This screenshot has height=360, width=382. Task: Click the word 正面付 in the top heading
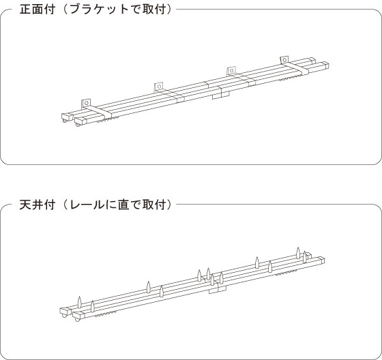(x=37, y=10)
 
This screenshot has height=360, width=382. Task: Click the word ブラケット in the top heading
(x=99, y=10)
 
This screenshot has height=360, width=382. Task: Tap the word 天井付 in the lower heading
(x=37, y=205)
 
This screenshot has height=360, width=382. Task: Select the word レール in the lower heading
(x=86, y=205)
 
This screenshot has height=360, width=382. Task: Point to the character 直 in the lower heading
(x=123, y=205)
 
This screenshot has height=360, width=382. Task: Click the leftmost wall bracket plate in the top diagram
(x=86, y=103)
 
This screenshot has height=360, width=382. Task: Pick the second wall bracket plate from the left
(x=158, y=86)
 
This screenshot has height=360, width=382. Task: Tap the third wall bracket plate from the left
(x=231, y=70)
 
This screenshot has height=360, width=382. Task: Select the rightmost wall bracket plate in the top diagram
(x=284, y=60)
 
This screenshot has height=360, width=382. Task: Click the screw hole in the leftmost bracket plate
(x=86, y=103)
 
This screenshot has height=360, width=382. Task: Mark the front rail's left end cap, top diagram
(x=80, y=120)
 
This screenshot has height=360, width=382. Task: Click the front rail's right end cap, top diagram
(x=326, y=65)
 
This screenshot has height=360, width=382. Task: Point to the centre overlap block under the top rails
(x=221, y=95)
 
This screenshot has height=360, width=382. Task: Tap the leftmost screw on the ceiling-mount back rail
(x=79, y=302)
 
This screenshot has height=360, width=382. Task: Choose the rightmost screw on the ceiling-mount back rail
(x=298, y=252)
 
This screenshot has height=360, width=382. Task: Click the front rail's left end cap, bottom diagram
(x=78, y=314)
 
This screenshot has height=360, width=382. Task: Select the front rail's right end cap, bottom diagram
(x=321, y=260)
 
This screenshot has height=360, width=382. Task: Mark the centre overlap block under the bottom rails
(x=218, y=289)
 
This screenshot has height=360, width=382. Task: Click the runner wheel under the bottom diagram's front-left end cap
(x=78, y=319)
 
